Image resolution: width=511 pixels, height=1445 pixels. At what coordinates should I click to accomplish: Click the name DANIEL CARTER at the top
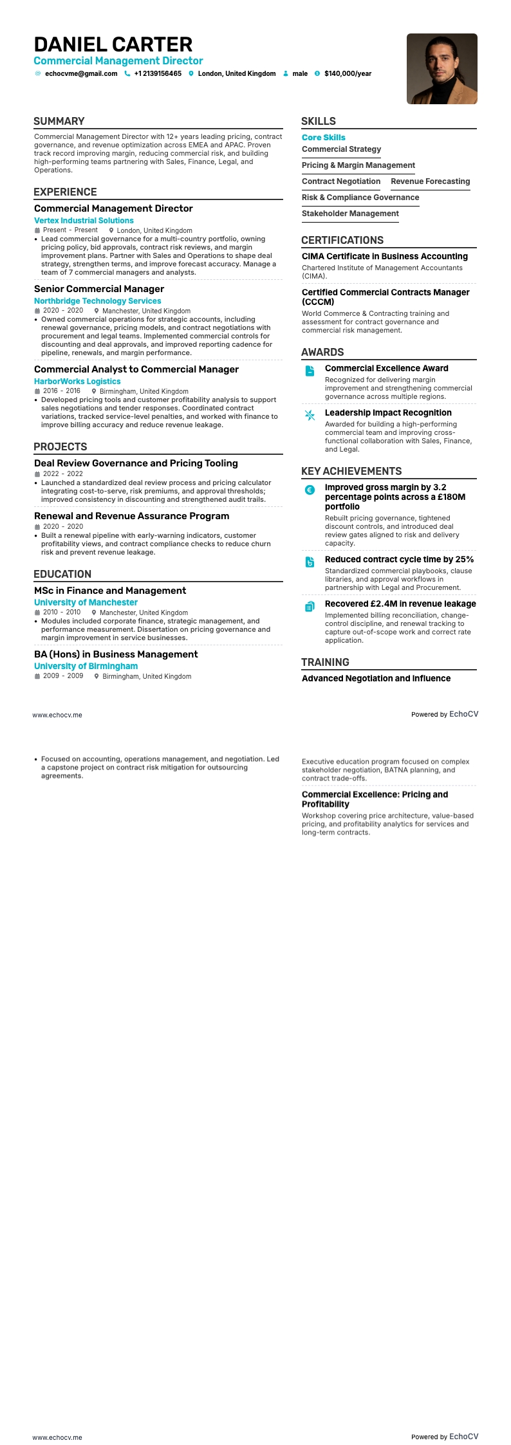point(113,44)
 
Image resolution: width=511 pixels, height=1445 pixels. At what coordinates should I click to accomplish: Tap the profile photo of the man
point(441,69)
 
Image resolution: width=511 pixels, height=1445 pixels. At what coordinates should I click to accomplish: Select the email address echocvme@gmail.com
point(81,74)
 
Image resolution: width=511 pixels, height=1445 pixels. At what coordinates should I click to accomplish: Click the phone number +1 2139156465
point(158,74)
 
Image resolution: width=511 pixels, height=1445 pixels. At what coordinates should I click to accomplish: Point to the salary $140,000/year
point(348,74)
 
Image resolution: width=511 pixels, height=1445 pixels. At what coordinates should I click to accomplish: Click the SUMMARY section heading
point(59,121)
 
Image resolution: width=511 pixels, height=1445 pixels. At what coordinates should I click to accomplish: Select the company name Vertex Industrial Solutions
point(84,221)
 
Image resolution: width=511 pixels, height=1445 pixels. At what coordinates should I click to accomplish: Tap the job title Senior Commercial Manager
point(99,289)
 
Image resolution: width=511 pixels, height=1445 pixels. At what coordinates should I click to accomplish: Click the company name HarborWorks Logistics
point(77,382)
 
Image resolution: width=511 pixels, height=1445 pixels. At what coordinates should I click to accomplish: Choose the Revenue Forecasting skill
point(430,181)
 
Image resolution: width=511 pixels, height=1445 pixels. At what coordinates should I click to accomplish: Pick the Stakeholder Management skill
point(350,214)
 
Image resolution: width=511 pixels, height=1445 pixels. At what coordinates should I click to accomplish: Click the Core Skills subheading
point(323,138)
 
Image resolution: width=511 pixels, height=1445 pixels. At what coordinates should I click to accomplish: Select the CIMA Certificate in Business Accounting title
point(384,256)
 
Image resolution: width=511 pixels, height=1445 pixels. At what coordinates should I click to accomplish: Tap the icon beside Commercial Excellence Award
point(310,371)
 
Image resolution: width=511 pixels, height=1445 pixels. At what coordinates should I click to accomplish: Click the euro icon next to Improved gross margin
point(310,490)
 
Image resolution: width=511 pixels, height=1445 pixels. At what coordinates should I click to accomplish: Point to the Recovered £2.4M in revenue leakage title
point(400,603)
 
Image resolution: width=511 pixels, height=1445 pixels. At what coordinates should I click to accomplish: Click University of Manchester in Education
point(86,603)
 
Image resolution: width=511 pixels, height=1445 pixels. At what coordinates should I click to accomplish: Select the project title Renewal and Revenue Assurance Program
point(131,516)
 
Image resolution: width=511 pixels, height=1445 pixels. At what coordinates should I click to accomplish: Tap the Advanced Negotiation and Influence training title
point(376,678)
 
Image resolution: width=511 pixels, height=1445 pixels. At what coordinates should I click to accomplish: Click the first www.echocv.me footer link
point(57,715)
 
